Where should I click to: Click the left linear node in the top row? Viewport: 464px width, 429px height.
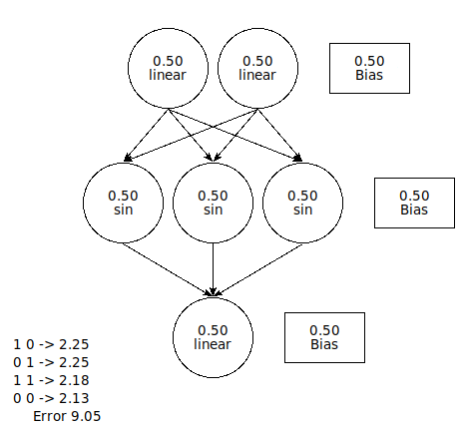click(x=168, y=68)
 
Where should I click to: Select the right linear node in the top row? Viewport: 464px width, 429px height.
click(x=257, y=68)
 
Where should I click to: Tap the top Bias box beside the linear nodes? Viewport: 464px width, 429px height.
click(x=369, y=68)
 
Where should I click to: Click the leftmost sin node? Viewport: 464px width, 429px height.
click(x=123, y=203)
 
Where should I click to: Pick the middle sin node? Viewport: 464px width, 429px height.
click(x=213, y=203)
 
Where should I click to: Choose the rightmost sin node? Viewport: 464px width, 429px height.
click(x=302, y=203)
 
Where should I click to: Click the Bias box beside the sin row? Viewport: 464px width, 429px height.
click(x=414, y=203)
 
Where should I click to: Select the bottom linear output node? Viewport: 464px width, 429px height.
click(x=213, y=337)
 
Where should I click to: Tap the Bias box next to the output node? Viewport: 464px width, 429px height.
click(x=324, y=337)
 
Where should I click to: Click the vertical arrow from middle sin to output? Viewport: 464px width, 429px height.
click(x=213, y=269)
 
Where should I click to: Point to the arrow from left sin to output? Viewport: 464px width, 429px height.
click(x=168, y=269)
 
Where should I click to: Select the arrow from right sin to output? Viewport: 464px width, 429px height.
click(x=257, y=269)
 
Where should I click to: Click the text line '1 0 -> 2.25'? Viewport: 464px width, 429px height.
click(x=51, y=344)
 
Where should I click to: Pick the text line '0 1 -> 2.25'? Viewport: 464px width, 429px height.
click(x=51, y=362)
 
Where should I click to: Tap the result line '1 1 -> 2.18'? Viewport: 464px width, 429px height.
click(x=51, y=380)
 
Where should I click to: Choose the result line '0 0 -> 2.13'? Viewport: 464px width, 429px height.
click(x=51, y=398)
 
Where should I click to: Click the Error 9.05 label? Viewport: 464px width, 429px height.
click(x=67, y=416)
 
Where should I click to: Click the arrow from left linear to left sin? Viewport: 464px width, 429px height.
click(x=146, y=135)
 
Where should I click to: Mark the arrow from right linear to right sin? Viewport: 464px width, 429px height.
click(x=280, y=135)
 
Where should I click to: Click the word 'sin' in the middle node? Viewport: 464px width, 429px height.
click(x=213, y=210)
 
